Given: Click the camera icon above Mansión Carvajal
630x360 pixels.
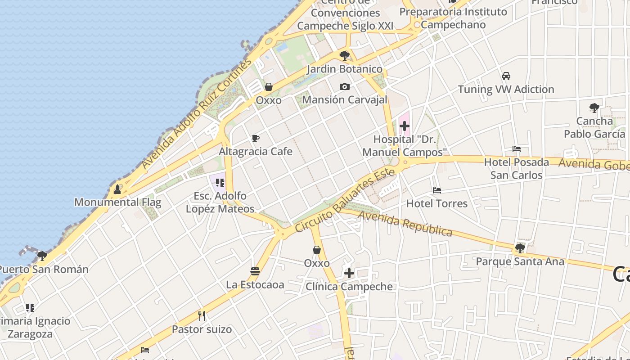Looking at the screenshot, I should pos(344,86).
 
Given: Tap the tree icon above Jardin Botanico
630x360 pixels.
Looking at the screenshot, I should pos(345,56).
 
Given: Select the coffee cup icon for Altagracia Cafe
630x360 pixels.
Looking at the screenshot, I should pos(256,138).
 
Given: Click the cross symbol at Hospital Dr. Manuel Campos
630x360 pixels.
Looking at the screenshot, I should pos(405,126).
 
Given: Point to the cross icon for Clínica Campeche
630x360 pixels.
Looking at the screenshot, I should pos(349,273).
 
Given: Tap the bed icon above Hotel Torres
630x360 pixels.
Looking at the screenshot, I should pos(436,190).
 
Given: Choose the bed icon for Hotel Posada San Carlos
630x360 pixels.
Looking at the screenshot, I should pos(516,149).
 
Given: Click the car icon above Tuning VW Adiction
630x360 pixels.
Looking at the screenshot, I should pos(506,76).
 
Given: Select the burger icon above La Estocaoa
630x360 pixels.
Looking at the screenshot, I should pos(255,271).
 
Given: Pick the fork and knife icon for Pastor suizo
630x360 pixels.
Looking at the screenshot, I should pos(202,315).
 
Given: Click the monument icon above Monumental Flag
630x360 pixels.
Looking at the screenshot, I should pos(117,189).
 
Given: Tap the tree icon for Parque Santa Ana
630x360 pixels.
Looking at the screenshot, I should pos(520,248).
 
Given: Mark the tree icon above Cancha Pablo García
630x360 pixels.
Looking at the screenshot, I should pos(594,108).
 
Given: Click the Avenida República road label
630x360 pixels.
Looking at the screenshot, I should pos(405,224).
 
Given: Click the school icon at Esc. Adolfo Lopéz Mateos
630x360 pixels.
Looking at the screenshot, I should pos(220,182).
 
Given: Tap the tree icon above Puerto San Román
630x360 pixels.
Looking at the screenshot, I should pos(42,256).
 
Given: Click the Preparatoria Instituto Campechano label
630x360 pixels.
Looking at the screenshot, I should pos(453,18).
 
